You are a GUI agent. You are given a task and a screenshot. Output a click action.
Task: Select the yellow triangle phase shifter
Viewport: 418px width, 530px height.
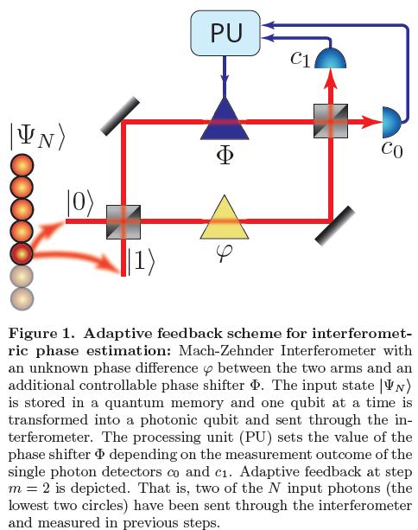click(x=225, y=221)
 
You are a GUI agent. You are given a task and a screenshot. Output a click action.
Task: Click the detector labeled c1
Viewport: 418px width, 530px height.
click(x=330, y=61)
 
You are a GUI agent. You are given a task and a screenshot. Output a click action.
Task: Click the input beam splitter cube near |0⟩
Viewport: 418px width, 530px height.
click(x=123, y=221)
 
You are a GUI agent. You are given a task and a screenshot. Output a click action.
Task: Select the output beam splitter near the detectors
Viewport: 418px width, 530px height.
click(x=330, y=122)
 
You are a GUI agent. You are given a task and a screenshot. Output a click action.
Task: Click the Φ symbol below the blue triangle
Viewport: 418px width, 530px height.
click(x=225, y=157)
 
